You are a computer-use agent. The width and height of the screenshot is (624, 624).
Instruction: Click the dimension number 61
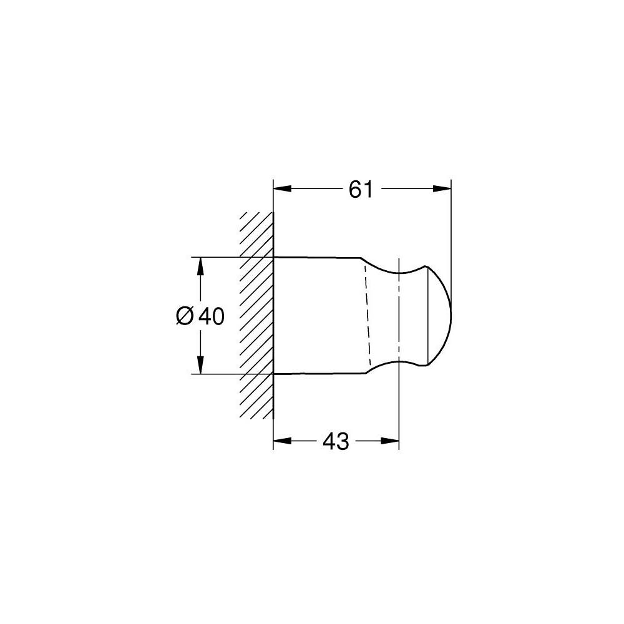(361, 188)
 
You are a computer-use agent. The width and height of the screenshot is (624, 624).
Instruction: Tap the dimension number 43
(336, 442)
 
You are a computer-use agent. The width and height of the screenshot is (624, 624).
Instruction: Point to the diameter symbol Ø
(185, 317)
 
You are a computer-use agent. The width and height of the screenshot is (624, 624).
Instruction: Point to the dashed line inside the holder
(366, 315)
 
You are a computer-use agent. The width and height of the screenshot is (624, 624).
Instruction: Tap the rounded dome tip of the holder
(444, 315)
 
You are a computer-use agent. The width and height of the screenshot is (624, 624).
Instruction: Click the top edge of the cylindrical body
(318, 257)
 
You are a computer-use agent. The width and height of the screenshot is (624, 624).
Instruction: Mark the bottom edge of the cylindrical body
(318, 374)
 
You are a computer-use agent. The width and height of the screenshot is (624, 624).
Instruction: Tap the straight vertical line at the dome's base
(426, 315)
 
